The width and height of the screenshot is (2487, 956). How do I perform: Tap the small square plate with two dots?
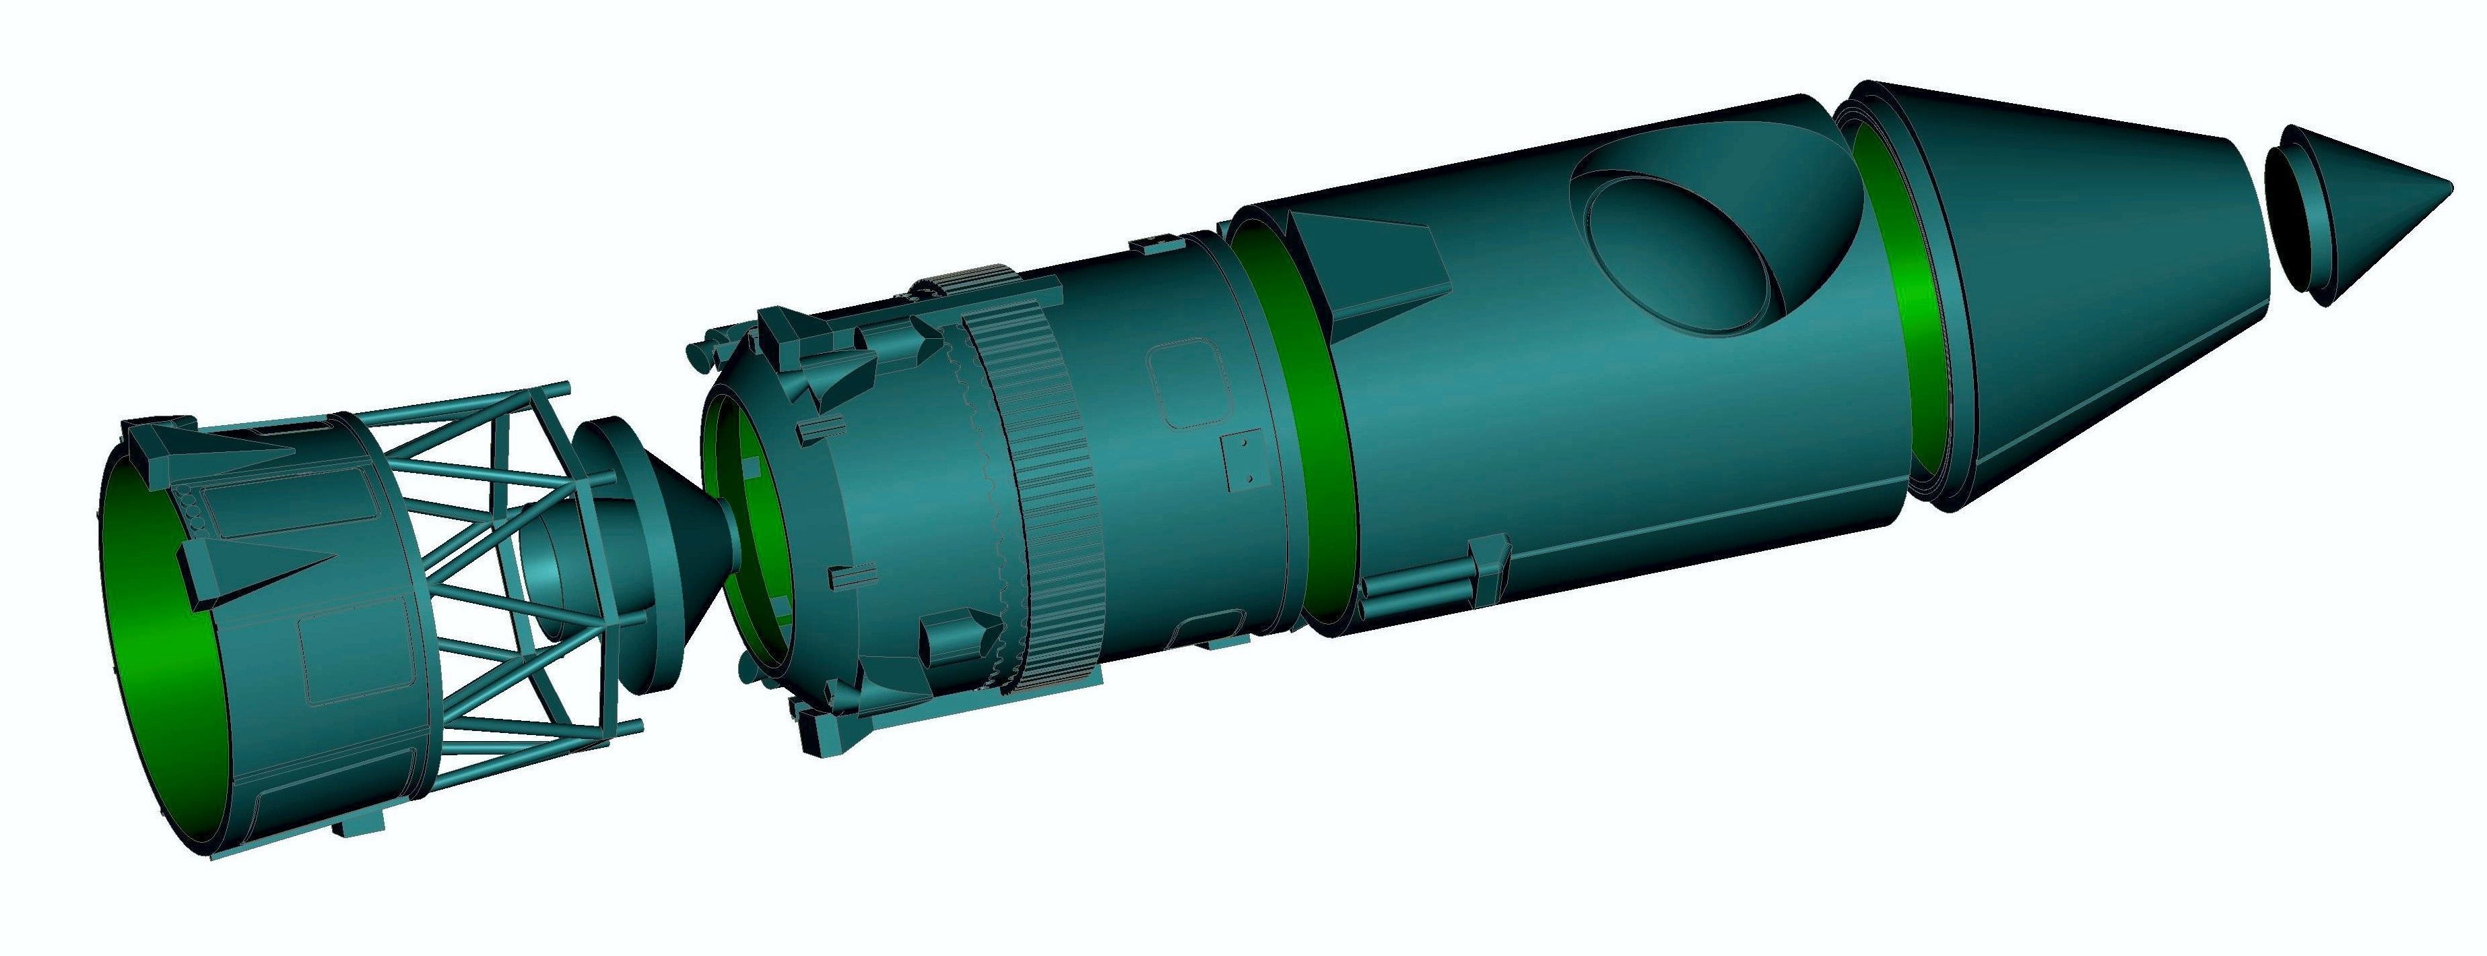coord(1240,461)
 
